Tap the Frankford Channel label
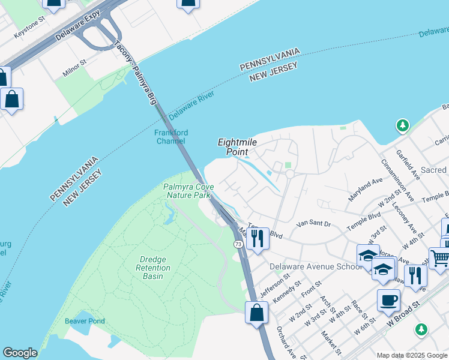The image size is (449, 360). point(171,137)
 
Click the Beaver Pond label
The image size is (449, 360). point(85,321)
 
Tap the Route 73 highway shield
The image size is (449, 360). point(238,244)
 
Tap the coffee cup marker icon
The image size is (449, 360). point(388,299)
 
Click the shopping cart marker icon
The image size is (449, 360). point(440,258)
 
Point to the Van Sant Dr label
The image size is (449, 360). point(315,223)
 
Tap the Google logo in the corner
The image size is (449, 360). point(20,353)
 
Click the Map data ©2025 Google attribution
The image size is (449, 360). point(412,355)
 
